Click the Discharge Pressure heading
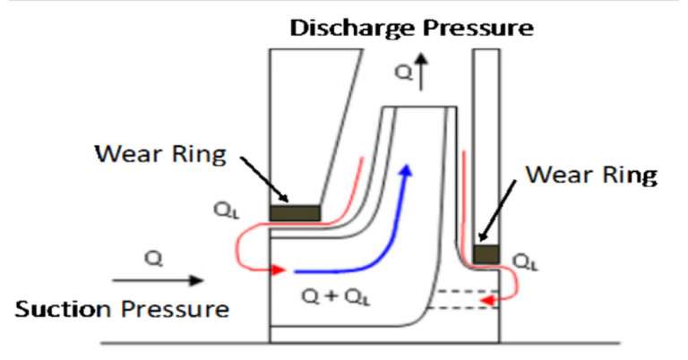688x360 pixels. pyautogui.click(x=412, y=27)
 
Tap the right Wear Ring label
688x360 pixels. pyautogui.click(x=590, y=174)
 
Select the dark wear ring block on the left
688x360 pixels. pyautogui.click(x=295, y=213)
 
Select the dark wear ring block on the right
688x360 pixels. pyautogui.click(x=486, y=254)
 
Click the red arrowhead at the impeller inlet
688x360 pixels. pyautogui.click(x=279, y=270)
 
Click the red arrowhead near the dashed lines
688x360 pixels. pyautogui.click(x=488, y=302)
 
